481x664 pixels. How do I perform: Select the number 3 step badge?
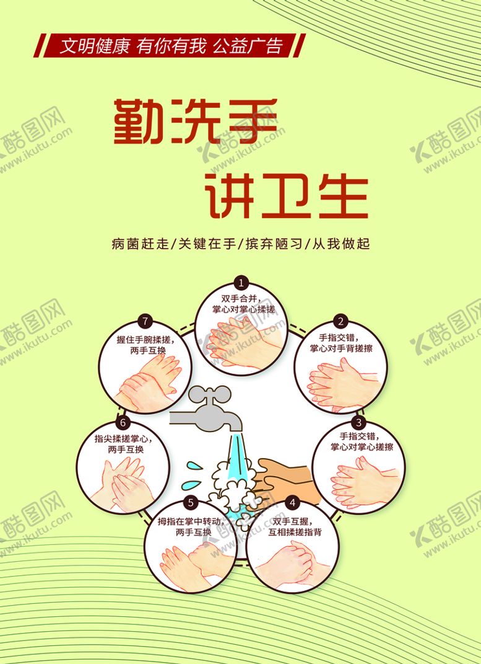tap(358, 423)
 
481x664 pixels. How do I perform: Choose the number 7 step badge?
tap(145, 321)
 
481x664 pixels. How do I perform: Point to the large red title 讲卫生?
tap(286, 197)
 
